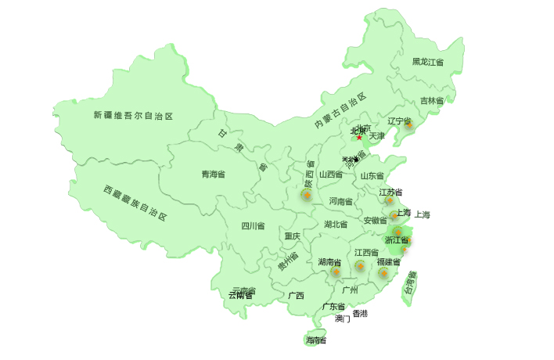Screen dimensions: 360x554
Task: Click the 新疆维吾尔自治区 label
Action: (133, 116)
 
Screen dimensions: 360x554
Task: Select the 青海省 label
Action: (213, 175)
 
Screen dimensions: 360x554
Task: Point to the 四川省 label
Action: (253, 226)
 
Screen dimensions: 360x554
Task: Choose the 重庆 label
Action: (292, 236)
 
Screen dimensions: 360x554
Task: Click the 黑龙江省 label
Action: (428, 62)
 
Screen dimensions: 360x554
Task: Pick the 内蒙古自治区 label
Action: (340, 111)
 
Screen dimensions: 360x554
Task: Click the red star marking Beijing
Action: (359, 138)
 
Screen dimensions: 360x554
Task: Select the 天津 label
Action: (377, 136)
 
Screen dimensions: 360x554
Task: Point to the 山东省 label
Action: (372, 176)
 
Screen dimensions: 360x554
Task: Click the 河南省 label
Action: (341, 201)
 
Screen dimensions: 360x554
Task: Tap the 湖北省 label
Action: (336, 225)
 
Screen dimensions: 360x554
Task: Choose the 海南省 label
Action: (316, 340)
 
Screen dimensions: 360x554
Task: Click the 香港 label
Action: (360, 314)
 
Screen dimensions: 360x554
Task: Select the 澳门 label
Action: (343, 319)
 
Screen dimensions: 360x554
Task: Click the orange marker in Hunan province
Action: (336, 272)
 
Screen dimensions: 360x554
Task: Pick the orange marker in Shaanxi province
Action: (308, 194)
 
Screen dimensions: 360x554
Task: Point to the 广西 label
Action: (296, 296)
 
